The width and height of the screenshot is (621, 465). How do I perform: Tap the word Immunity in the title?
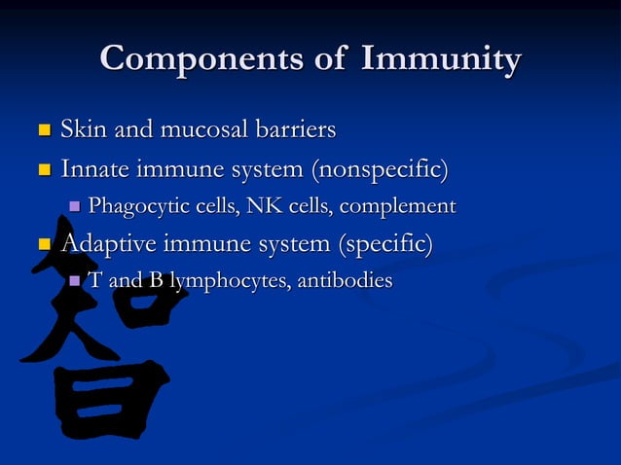tap(440, 59)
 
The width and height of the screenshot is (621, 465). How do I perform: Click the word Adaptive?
tap(104, 242)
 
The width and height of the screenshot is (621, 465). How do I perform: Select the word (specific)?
tap(379, 242)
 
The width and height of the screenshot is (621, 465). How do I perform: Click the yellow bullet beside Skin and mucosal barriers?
tap(43, 129)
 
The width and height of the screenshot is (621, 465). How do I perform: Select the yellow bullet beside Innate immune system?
tap(43, 170)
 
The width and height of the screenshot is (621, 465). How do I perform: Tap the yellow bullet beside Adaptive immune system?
tap(43, 243)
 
